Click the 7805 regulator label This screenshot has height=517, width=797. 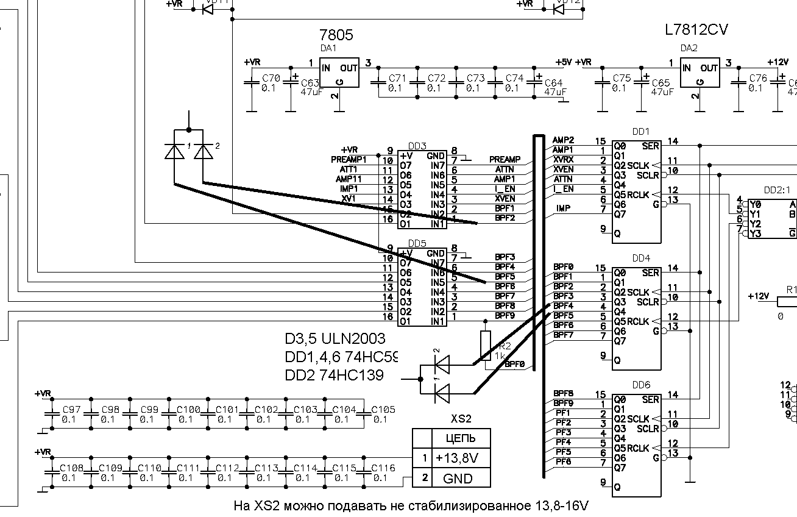pos(336,34)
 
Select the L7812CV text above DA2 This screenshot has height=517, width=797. pos(697,30)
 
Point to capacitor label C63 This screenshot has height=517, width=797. pos(310,83)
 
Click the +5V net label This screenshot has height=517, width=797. pos(564,62)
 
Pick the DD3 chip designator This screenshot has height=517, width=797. pos(417,146)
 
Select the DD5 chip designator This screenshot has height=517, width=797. pos(417,242)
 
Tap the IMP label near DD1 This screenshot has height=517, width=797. pos(563,209)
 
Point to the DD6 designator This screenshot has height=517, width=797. pos(641,385)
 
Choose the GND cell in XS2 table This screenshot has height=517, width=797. pos(458,479)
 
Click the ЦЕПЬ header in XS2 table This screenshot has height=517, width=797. pos(460,438)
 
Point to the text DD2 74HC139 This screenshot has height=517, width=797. pos(334,375)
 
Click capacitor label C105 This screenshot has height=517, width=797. pos(383,409)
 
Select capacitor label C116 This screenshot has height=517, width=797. pos(383,468)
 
